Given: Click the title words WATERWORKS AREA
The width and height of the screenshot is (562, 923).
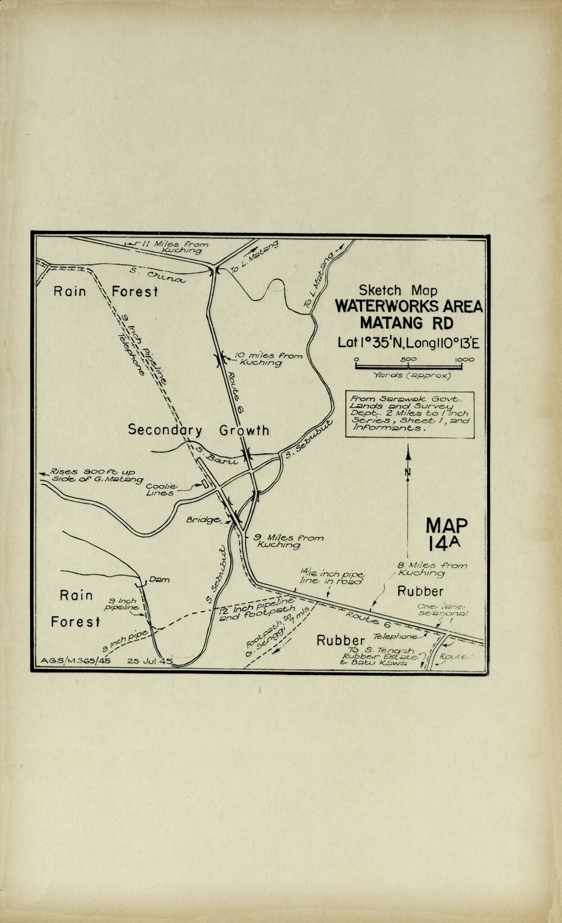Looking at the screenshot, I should point(409,307).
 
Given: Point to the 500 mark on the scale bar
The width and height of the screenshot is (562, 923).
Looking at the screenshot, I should point(408,360).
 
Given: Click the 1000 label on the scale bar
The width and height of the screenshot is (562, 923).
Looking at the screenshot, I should point(464,360).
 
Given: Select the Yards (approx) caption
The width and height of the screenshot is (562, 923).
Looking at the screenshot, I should point(408,375).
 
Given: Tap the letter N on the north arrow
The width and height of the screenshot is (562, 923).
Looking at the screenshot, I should point(408,472).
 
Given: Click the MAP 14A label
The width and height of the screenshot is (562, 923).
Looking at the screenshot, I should point(446,534).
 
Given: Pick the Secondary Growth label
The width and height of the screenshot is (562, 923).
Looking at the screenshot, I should point(198,430).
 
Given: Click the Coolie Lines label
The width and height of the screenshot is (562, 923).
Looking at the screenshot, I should point(161,489).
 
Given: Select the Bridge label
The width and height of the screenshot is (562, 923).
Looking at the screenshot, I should point(203,520).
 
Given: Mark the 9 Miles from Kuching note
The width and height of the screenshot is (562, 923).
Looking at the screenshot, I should point(288,540).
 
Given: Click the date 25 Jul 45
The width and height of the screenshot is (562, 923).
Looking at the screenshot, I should point(149,661).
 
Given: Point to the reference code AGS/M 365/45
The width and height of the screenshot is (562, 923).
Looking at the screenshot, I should point(76,661).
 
